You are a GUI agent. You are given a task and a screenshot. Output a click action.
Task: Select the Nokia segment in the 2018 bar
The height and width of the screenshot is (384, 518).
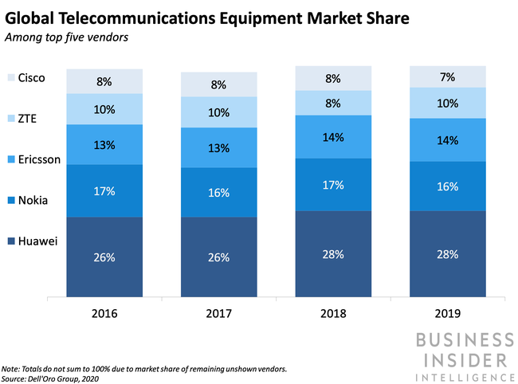pos(333,185)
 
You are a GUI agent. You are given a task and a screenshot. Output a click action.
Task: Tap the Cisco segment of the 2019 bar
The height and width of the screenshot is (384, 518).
pos(447,76)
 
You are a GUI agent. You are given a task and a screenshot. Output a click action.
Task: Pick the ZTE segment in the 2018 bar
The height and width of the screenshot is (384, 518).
pos(333,102)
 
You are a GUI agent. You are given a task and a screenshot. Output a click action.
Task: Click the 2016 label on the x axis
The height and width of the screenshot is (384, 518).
pos(104,313)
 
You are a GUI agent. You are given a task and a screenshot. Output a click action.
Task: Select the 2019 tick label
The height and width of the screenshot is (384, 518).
pos(447,313)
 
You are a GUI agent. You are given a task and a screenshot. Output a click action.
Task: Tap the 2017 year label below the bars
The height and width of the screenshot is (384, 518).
pos(218,313)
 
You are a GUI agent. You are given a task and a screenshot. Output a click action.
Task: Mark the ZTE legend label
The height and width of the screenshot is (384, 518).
pos(29,119)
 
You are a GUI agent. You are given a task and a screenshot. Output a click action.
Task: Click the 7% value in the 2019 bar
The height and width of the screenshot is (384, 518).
pos(447,77)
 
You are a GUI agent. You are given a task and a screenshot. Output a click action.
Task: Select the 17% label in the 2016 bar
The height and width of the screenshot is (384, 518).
pos(104,191)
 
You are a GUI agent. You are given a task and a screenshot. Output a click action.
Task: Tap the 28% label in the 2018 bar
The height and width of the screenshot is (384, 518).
pos(333,254)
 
